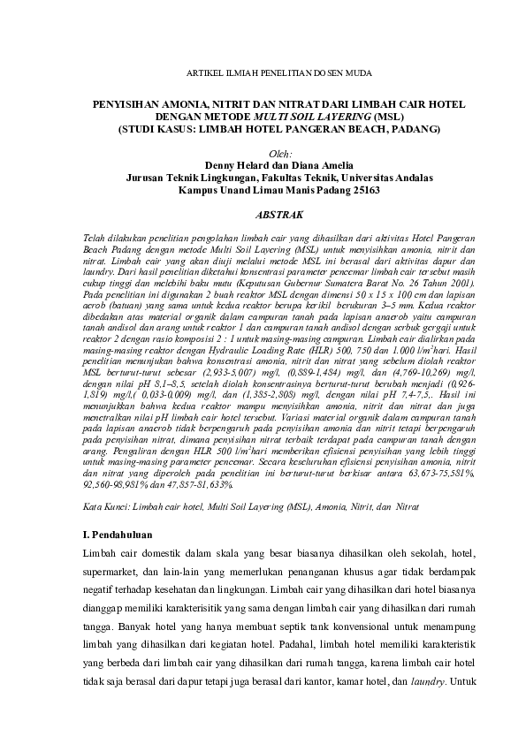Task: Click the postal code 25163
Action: coord(363,189)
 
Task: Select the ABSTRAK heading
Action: coord(278,215)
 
